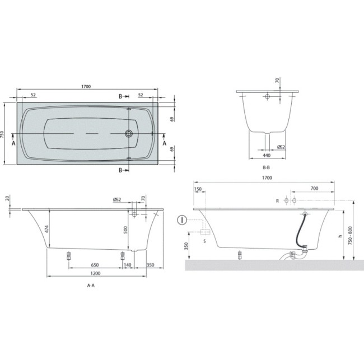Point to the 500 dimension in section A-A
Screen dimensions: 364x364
coord(126,229)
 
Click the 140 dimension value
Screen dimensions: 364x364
coord(128,264)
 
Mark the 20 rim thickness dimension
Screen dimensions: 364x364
coord(7,198)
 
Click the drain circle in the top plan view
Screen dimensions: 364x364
coord(129,134)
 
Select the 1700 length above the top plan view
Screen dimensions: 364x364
coord(86,87)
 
